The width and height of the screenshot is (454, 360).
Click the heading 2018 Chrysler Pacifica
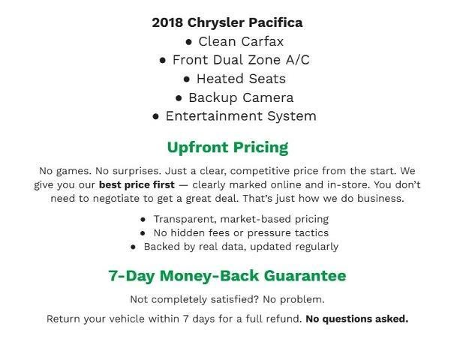[227, 22]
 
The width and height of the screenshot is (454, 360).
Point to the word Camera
[268, 97]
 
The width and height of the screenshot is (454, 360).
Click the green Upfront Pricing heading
[227, 147]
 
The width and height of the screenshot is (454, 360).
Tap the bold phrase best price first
[137, 184]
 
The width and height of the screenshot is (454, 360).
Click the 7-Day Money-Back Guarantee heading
[227, 276]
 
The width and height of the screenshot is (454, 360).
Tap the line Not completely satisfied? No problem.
[227, 299]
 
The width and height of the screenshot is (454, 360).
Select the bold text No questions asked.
[356, 319]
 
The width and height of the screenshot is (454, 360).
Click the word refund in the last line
[284, 319]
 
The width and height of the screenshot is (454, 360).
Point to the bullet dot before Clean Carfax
[189, 42]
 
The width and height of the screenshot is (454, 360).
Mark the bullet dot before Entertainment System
[156, 117]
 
